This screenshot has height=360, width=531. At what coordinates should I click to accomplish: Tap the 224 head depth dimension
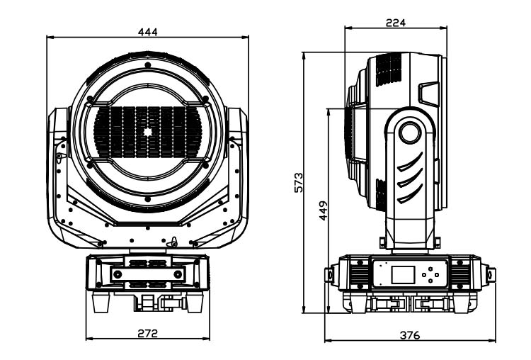395,22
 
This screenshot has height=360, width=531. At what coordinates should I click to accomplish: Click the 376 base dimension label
409,334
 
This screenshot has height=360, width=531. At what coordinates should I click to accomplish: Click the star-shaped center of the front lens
148,132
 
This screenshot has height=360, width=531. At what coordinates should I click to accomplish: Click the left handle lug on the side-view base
329,274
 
